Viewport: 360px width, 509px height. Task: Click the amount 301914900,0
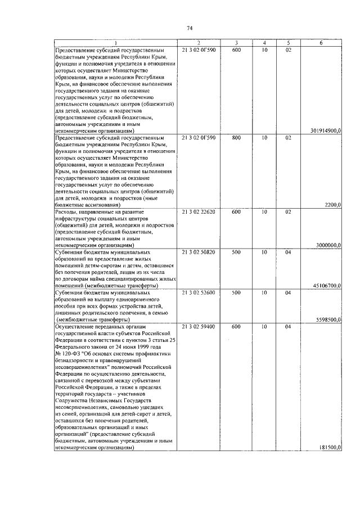(x=325, y=130)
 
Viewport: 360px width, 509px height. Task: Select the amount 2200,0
(x=332, y=205)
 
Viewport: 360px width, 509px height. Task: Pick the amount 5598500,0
(x=328, y=319)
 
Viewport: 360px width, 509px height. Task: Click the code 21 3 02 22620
(x=199, y=212)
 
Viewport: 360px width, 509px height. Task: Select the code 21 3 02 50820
(x=199, y=253)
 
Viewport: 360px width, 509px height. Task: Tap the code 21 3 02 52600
(x=199, y=293)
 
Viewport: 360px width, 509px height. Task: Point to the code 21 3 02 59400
(x=199, y=326)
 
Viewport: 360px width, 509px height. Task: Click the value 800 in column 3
(x=236, y=137)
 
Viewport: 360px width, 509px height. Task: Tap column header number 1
(x=115, y=43)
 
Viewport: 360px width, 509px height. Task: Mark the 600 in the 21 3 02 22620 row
(x=236, y=212)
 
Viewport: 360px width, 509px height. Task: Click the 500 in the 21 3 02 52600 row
(x=236, y=293)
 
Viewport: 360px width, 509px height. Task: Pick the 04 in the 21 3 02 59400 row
(x=287, y=326)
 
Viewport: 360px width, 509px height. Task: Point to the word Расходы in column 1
(x=67, y=212)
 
